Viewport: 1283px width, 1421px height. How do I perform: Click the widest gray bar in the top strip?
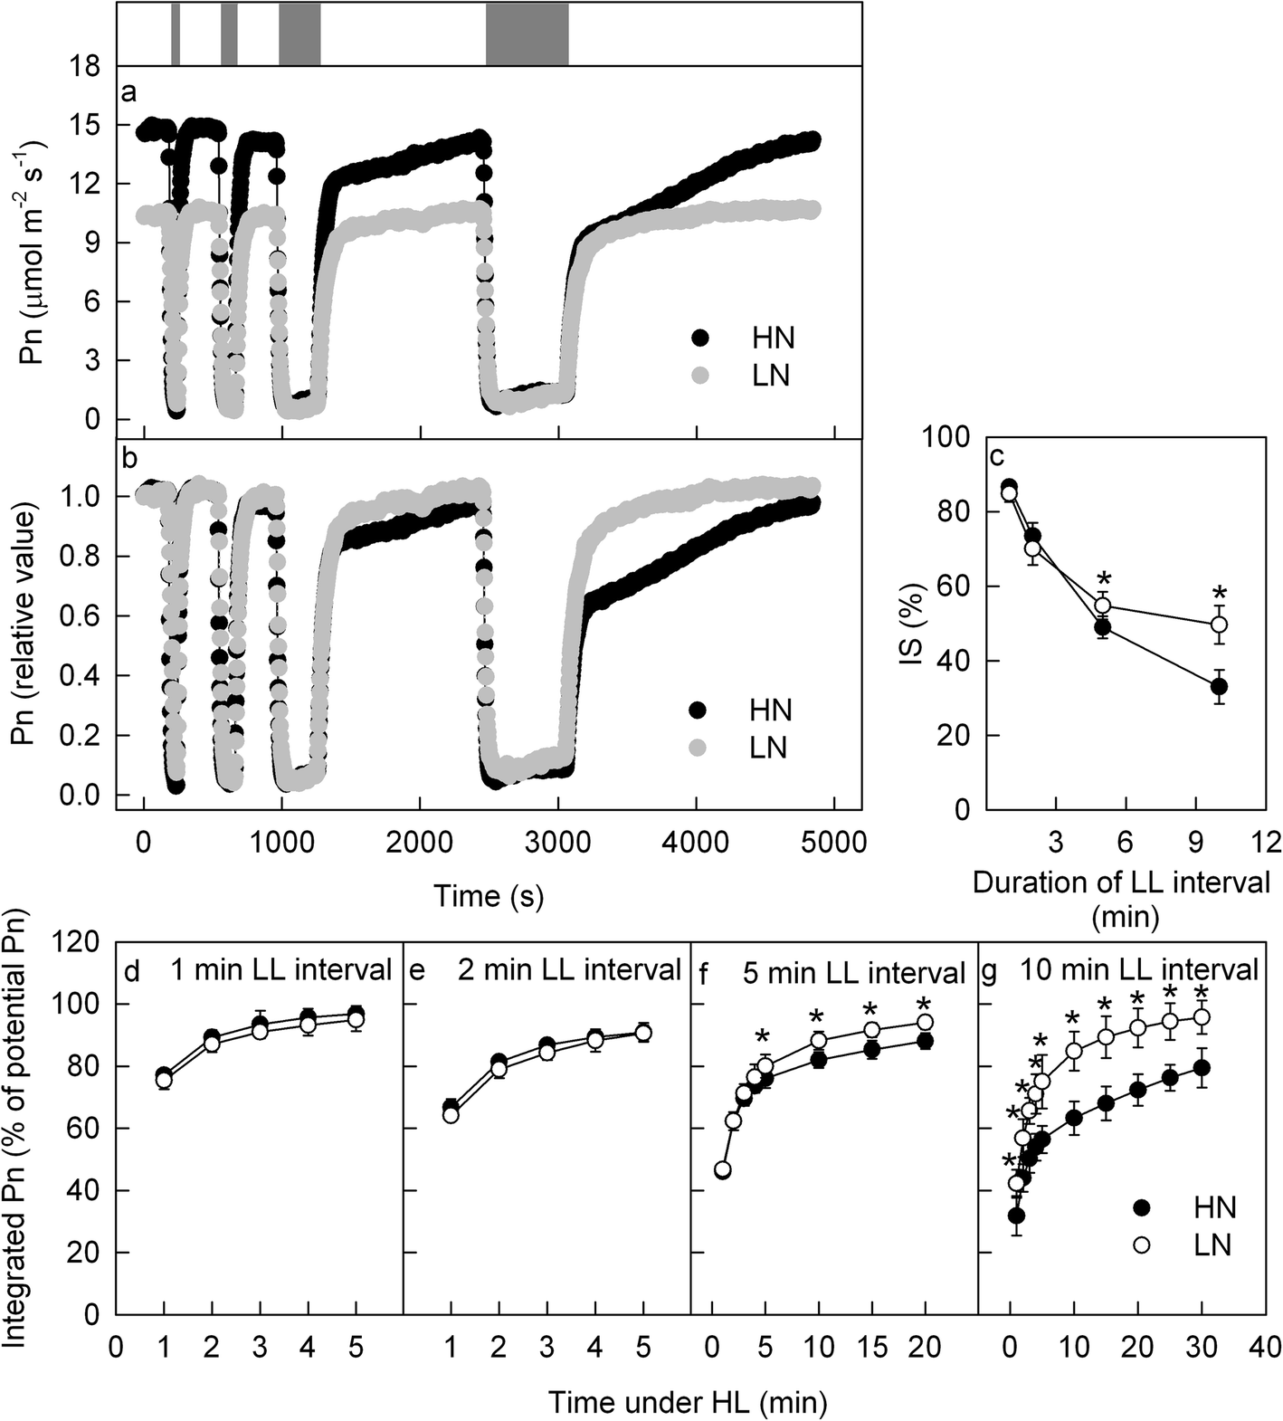527,33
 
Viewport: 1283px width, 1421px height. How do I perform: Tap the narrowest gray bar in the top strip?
176,33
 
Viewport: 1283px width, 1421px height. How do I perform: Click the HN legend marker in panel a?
701,339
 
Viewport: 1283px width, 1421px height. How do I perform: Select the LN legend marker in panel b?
700,748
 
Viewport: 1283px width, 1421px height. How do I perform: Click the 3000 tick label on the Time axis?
557,842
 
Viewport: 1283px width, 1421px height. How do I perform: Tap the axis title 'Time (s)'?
489,895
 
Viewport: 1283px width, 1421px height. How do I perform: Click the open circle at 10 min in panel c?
1219,625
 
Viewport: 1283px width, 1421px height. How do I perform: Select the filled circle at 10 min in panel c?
1219,687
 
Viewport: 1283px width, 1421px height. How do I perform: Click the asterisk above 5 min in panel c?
1102,580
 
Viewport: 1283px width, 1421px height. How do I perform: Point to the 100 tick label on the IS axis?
946,437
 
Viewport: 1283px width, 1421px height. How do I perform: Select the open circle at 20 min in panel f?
926,1022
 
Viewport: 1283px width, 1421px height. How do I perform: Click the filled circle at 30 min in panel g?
1202,1068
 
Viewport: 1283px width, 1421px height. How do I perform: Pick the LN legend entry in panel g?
1142,1245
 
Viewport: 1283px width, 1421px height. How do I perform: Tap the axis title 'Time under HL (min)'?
688,1402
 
